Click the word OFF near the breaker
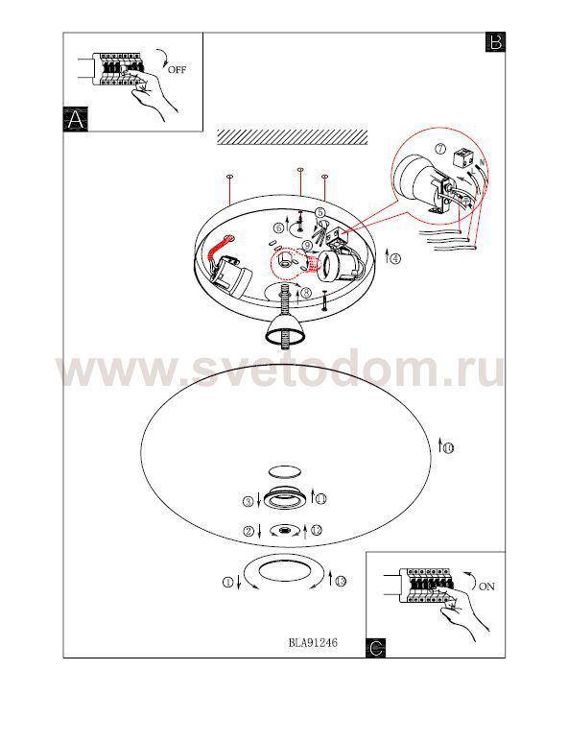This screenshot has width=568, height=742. click(177, 70)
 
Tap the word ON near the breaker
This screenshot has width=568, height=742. click(486, 586)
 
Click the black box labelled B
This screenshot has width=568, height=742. click(495, 42)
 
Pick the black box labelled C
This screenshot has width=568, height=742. click(375, 647)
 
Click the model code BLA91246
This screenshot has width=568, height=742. click(313, 642)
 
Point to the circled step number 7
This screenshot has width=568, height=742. click(440, 149)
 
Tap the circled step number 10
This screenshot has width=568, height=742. click(448, 447)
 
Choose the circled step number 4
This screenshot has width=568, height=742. click(395, 259)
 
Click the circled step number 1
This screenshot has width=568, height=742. click(228, 583)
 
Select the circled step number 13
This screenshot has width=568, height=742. click(341, 581)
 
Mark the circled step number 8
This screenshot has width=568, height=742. click(305, 294)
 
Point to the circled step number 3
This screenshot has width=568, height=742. click(248, 502)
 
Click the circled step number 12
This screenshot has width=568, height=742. click(316, 531)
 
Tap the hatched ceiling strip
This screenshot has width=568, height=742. click(292, 136)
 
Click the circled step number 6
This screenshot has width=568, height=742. click(279, 228)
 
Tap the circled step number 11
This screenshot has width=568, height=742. click(321, 499)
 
